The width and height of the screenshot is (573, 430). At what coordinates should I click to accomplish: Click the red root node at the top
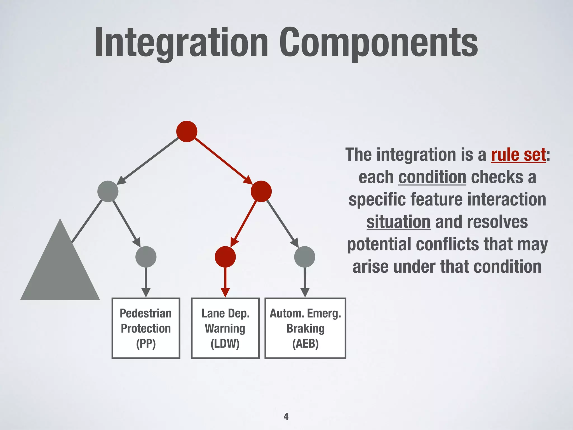click(x=187, y=131)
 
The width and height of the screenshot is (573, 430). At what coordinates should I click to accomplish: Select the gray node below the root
click(x=108, y=191)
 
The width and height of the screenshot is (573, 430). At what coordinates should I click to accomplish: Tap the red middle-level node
click(x=261, y=191)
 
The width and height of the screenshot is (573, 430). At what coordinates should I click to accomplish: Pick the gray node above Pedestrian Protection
click(x=146, y=257)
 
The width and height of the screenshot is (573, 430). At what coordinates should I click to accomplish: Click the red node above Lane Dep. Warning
click(x=225, y=257)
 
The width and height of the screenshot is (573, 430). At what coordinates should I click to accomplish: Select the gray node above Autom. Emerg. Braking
click(x=305, y=257)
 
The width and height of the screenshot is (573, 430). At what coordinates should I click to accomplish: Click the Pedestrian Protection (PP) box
click(x=146, y=328)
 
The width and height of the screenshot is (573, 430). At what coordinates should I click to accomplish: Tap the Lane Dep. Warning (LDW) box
click(x=225, y=328)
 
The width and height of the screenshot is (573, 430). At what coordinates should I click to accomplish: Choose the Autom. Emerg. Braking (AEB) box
click(x=305, y=328)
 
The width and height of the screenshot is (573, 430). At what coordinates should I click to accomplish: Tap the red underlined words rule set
click(x=518, y=155)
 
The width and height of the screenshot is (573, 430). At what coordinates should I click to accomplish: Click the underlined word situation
click(x=398, y=222)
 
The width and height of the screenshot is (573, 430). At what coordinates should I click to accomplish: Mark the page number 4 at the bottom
click(x=286, y=416)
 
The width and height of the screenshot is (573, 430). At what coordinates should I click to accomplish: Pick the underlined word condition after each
click(x=432, y=177)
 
